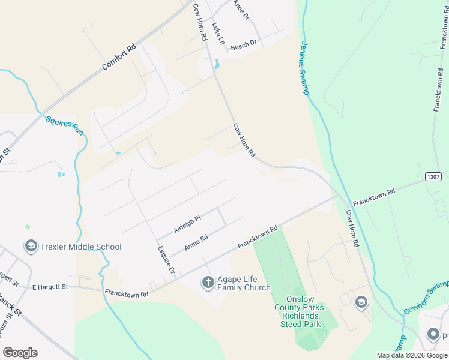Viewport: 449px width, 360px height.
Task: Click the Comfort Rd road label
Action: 119,57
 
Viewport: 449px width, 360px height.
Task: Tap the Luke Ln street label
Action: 218,35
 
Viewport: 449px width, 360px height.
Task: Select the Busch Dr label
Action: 243,45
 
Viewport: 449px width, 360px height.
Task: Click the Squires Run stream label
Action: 65,124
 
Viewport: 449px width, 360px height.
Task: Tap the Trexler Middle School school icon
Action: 30,247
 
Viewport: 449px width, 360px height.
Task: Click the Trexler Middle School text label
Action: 80,247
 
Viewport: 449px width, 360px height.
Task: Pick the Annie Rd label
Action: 196,242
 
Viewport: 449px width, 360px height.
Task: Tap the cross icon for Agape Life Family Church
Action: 208,282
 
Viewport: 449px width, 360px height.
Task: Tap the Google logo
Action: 20,353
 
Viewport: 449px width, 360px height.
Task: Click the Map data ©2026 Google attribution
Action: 412,355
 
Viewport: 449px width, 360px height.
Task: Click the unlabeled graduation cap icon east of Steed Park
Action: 361,302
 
